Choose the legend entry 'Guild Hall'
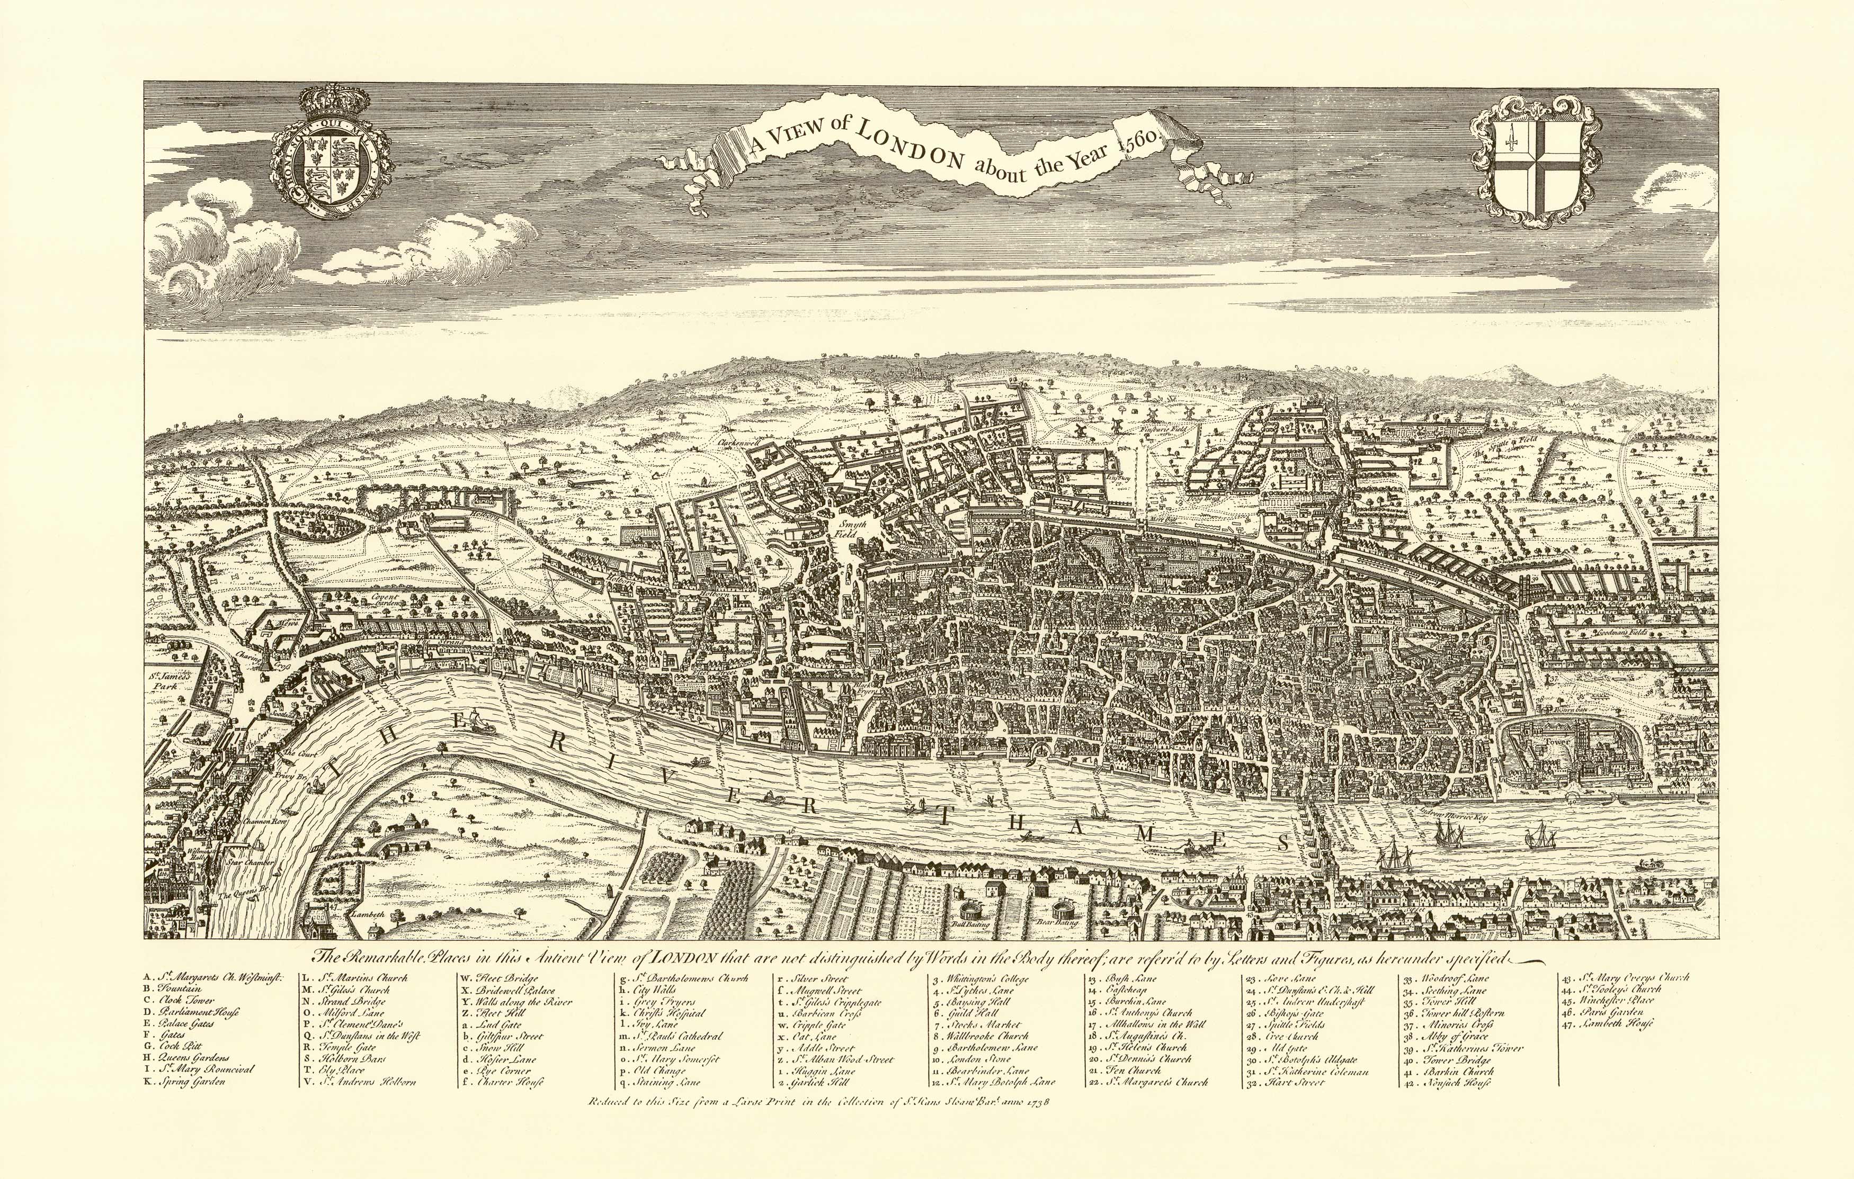click(969, 1013)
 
